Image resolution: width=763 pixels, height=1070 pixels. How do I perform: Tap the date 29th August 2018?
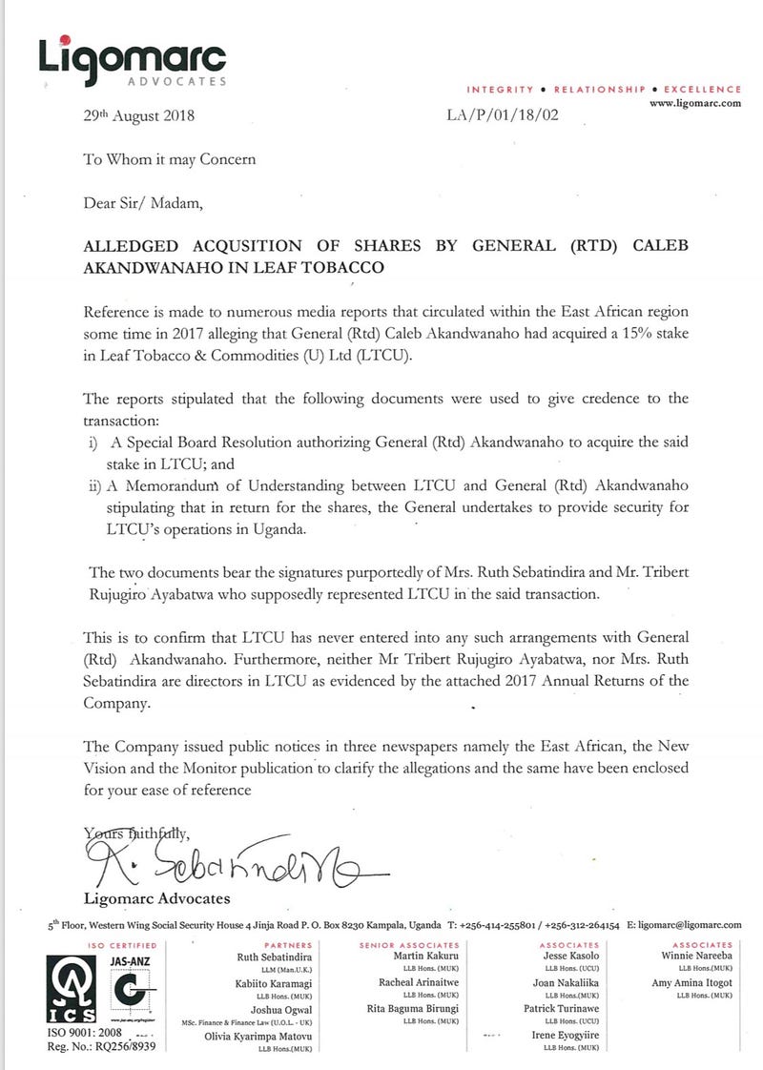140,117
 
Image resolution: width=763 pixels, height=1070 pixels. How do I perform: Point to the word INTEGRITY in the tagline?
500,89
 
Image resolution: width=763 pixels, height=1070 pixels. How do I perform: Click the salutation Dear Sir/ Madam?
143,202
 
